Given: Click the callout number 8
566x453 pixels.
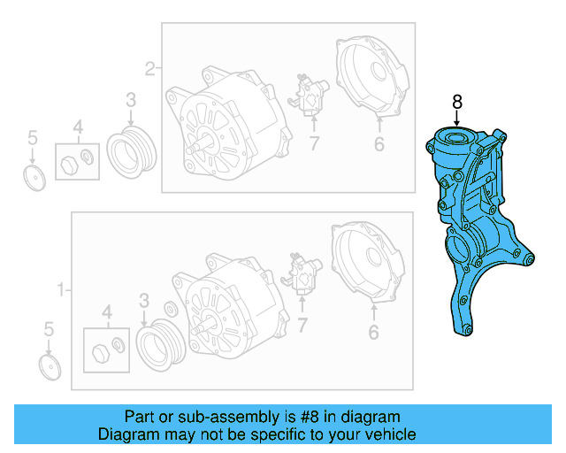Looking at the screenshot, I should [x=457, y=103].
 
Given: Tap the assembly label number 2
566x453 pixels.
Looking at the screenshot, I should [x=149, y=67].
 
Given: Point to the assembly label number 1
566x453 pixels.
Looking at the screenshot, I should [x=61, y=289].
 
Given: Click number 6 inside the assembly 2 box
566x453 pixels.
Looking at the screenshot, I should [x=378, y=144].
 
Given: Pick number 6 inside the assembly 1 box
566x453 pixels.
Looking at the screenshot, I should [x=373, y=333].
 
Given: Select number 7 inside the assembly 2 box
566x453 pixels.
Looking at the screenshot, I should [x=313, y=144].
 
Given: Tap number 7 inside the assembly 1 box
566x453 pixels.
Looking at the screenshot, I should [x=302, y=327].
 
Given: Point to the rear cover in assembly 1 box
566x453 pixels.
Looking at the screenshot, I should [x=368, y=262].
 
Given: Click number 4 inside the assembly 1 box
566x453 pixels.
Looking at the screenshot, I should [x=107, y=311].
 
